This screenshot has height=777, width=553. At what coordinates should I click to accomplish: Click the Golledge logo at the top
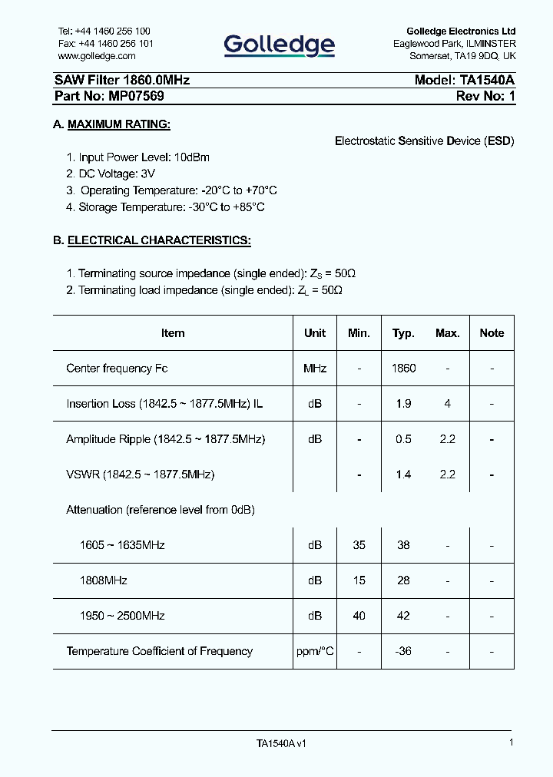point(279,45)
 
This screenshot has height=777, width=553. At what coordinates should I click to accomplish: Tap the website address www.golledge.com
point(97,56)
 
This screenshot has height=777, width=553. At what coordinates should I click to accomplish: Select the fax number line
point(105,44)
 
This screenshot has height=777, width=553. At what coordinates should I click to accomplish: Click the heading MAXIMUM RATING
point(119,124)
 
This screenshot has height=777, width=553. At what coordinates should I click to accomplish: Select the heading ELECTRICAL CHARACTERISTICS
point(159,240)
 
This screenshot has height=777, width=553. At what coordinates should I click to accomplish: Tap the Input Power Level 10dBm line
point(138,157)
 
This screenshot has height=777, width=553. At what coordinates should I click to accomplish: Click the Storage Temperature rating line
point(165,207)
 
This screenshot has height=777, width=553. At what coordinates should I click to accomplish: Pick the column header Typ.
point(403,333)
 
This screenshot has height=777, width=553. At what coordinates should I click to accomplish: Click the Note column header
point(492,333)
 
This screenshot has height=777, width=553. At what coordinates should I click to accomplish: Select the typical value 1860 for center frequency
point(403,369)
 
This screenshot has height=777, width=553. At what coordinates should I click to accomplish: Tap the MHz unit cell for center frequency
point(315,369)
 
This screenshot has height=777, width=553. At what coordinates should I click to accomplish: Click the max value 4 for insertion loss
point(447,404)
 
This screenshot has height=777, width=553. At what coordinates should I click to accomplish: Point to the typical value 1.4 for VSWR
point(403,474)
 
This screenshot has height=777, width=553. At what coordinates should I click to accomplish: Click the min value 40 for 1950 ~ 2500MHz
point(359,616)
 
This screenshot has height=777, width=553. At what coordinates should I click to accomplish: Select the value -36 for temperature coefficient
point(403,651)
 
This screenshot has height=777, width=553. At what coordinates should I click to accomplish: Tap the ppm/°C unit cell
point(315,651)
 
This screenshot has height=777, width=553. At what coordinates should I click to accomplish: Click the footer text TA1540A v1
point(281,743)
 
